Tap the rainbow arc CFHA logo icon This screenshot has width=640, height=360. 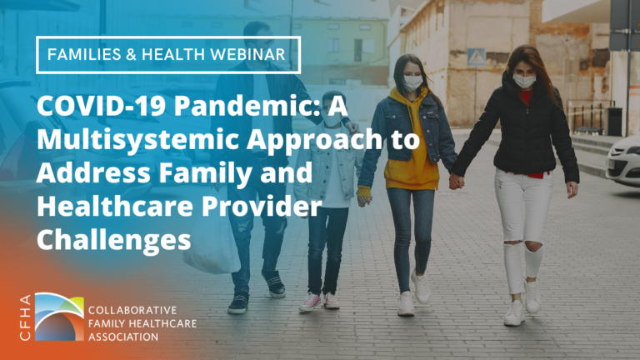pyautogui.click(x=59, y=315)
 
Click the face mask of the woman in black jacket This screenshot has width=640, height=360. pyautogui.click(x=524, y=81)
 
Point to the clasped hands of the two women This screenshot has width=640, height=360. pyautogui.click(x=456, y=181)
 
